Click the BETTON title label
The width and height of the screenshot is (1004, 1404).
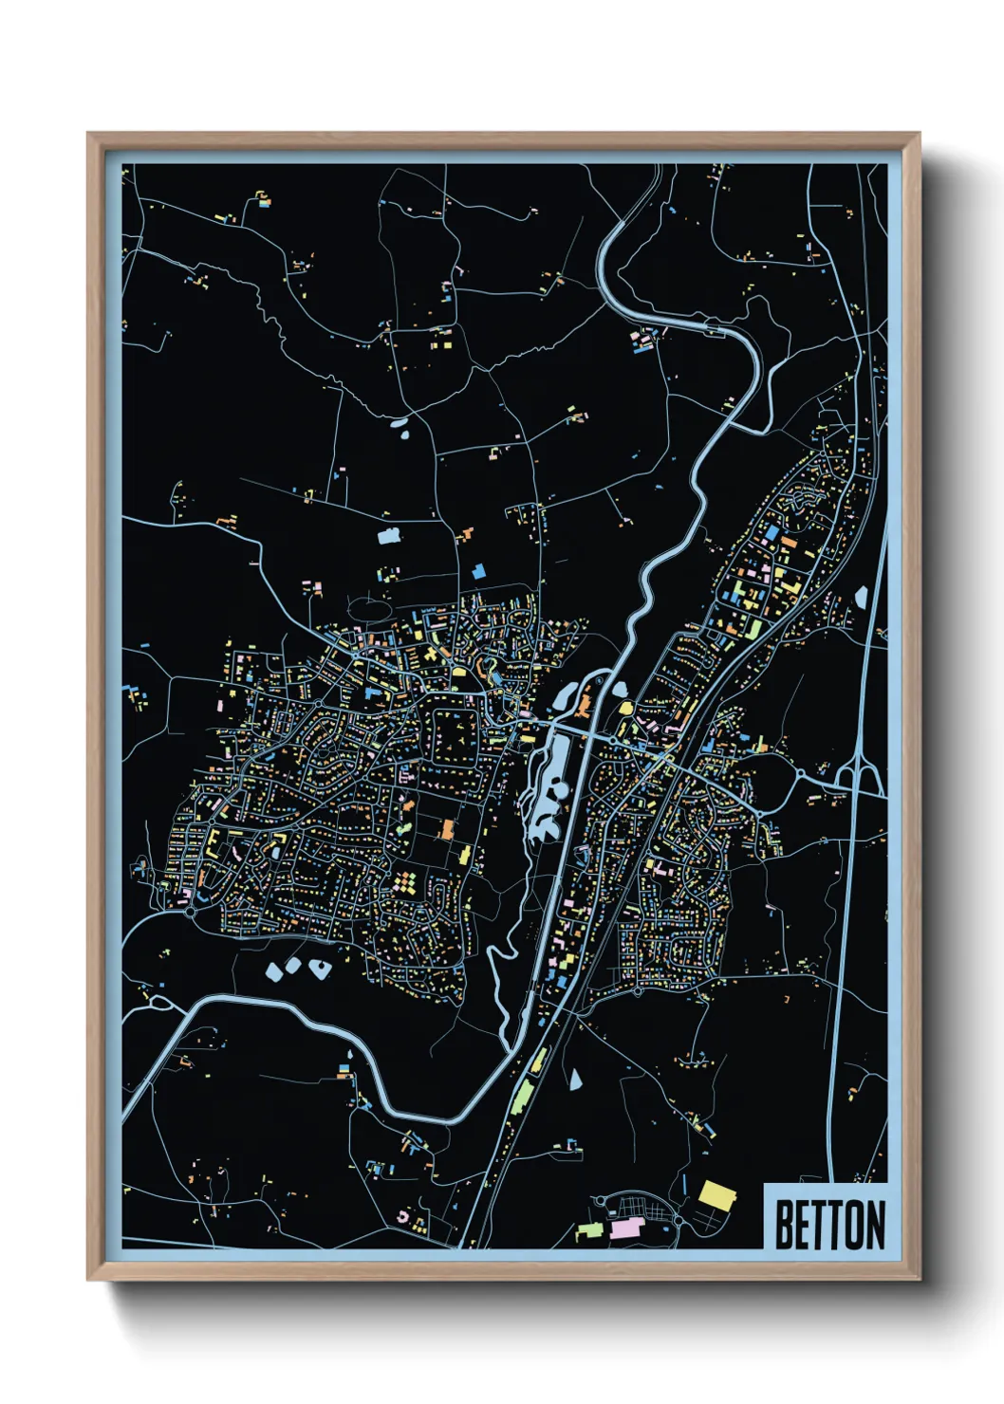pos(828,1225)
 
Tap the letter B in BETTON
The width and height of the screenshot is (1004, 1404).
pos(784,1225)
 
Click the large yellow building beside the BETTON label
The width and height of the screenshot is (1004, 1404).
pos(717,1195)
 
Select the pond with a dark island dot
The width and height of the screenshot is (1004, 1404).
pos(319,969)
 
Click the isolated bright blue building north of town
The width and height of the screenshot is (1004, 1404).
pos(478,571)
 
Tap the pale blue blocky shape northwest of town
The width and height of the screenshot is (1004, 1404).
pos(389,537)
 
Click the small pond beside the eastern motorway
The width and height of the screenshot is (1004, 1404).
pos(862,597)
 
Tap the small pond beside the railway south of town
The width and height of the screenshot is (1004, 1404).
pos(575,1079)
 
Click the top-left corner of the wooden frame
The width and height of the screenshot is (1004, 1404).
pos(90,136)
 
